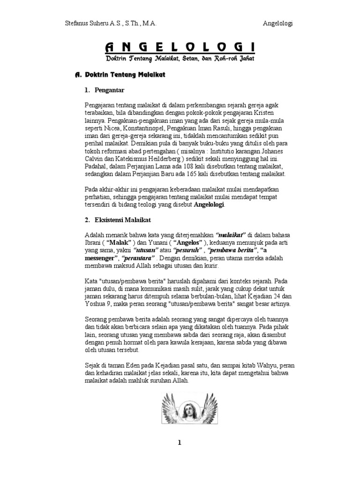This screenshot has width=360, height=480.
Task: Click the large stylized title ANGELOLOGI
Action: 180,47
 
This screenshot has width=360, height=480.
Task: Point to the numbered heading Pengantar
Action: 109,90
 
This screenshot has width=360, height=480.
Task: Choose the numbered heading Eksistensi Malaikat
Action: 123,220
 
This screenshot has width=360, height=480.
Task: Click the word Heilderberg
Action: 161,158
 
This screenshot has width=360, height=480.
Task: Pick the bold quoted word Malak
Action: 118,242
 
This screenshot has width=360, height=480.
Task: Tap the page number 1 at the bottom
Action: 179,443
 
